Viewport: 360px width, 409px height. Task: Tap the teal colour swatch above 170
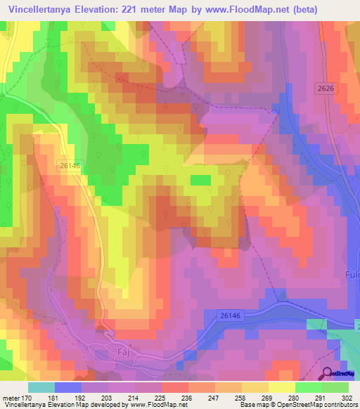[x=41, y=387]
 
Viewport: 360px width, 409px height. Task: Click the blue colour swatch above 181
[x=67, y=387]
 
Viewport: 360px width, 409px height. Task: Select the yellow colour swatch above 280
[x=281, y=387]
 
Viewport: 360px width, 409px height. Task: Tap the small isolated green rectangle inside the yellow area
[x=201, y=180]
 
